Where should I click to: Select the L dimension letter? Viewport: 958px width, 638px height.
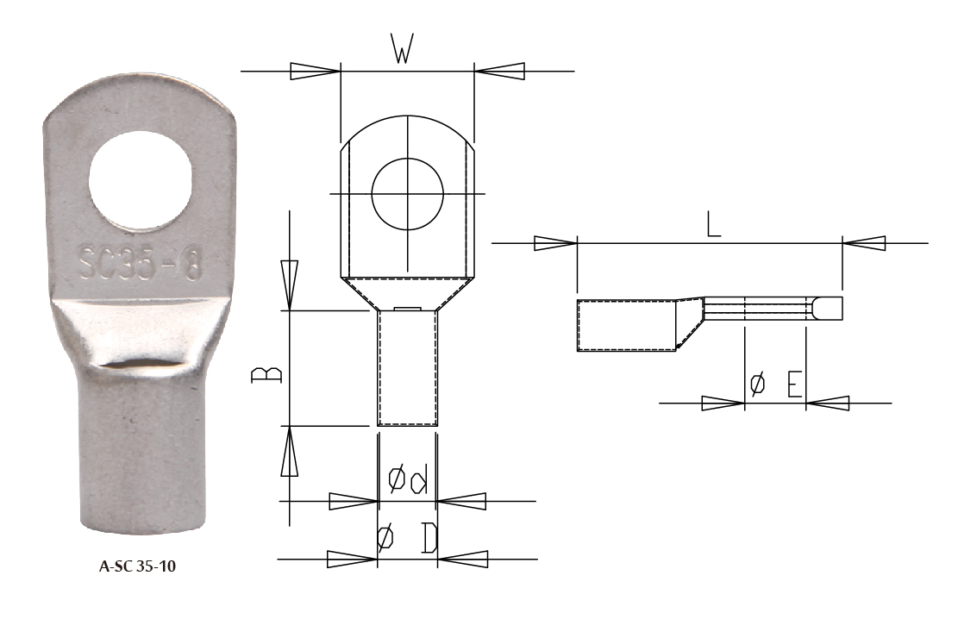point(712,225)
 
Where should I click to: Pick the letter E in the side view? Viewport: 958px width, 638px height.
point(795,385)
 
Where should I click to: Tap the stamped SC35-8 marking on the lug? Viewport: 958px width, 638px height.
point(140,266)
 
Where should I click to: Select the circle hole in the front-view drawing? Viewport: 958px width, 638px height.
point(407,193)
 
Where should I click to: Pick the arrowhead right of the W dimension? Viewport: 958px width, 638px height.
point(499,72)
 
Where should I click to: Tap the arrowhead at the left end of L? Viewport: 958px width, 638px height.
point(554,243)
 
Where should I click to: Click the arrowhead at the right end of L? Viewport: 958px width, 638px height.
point(864,244)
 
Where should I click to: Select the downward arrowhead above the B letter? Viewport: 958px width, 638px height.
point(290,285)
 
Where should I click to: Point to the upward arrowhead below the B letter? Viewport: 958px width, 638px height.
point(290,452)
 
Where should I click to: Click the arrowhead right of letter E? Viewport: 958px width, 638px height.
point(828,403)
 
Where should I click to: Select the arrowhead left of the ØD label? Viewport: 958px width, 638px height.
point(353,560)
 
